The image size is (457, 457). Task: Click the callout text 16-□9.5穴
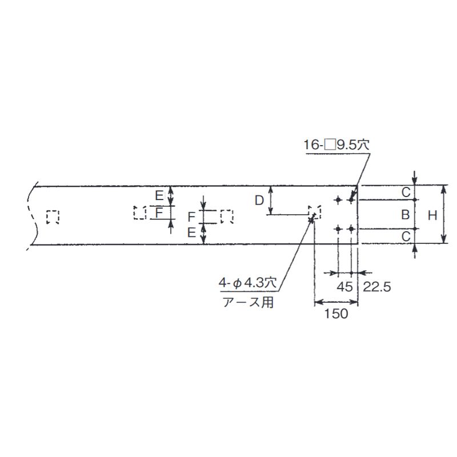pyautogui.click(x=336, y=145)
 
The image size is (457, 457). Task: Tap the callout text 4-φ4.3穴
pyautogui.click(x=248, y=283)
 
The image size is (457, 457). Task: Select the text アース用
pyautogui.click(x=248, y=302)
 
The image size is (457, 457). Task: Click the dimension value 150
pyautogui.click(x=336, y=314)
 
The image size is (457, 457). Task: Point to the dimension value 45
pyautogui.click(x=345, y=287)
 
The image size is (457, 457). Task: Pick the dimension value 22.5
pyautogui.click(x=377, y=287)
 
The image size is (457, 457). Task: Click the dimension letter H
pyautogui.click(x=432, y=216)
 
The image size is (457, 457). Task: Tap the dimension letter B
pyautogui.click(x=406, y=215)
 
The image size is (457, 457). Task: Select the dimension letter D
pyautogui.click(x=259, y=201)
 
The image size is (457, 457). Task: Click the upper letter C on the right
pyautogui.click(x=406, y=193)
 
